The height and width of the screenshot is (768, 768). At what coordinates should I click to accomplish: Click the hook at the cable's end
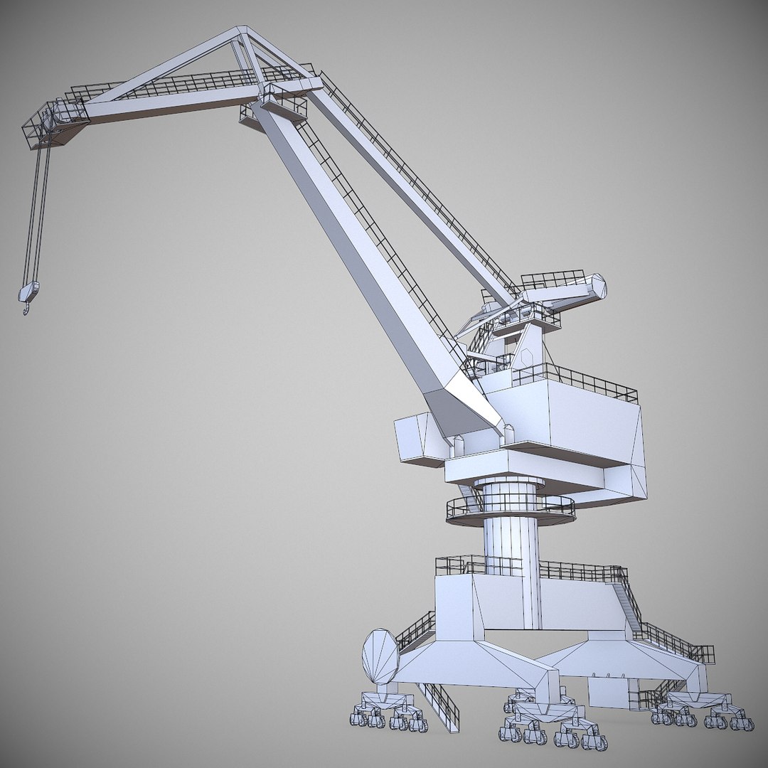(x=26, y=307)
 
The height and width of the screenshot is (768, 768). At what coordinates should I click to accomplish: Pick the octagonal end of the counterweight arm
(x=596, y=287)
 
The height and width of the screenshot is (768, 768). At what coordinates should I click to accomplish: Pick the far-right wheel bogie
(x=704, y=711)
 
